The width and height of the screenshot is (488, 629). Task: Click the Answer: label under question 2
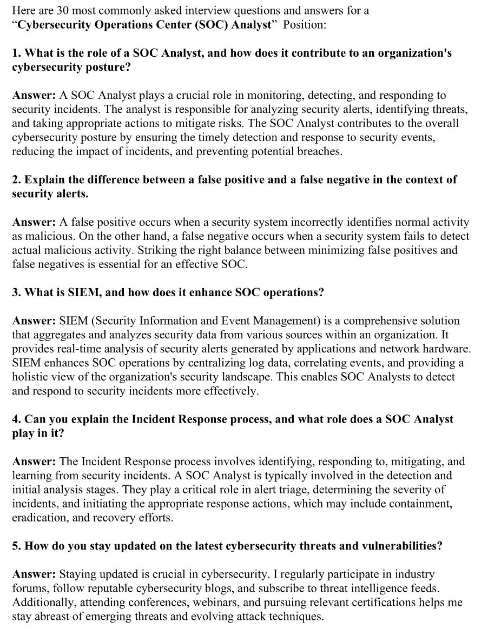pyautogui.click(x=34, y=222)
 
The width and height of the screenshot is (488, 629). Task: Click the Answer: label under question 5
pyautogui.click(x=34, y=574)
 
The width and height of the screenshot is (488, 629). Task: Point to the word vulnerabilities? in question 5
pyautogui.click(x=397, y=546)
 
